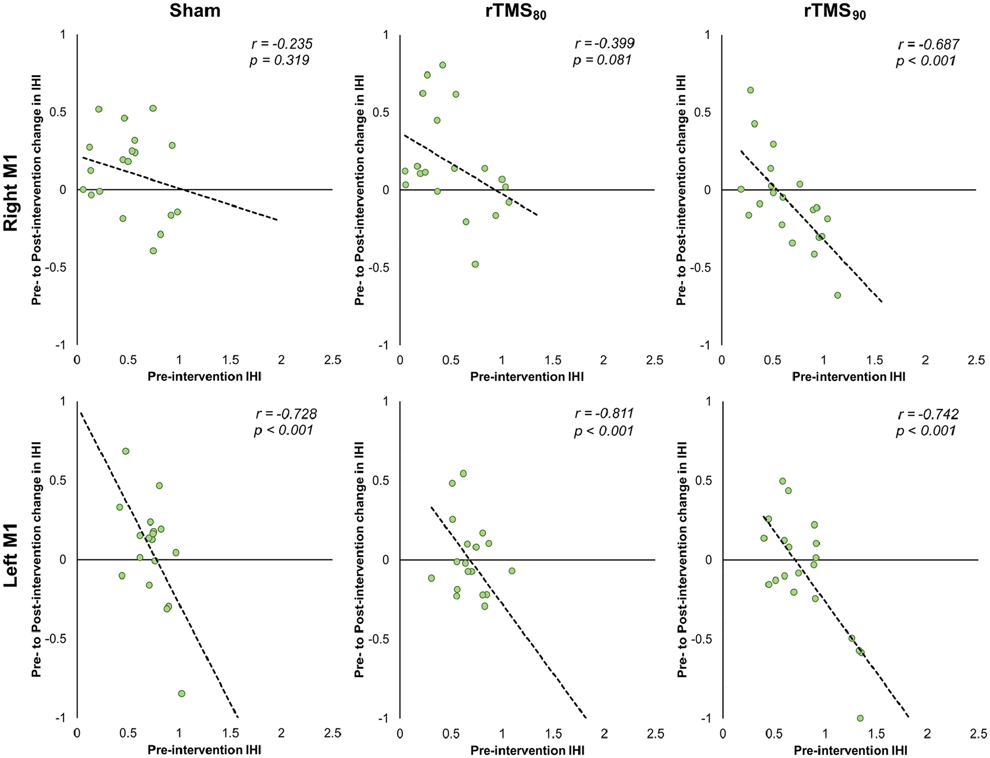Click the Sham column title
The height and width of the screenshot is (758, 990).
[x=195, y=11]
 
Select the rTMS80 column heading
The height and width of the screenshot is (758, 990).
[x=516, y=12]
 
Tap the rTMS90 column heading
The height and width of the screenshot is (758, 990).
[x=835, y=12]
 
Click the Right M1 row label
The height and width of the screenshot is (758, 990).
[x=11, y=193]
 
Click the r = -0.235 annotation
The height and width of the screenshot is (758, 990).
[x=282, y=44]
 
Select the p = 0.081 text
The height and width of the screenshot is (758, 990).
[x=602, y=60]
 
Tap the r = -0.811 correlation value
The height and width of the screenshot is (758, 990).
[x=605, y=413]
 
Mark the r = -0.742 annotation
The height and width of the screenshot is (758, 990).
[x=928, y=414]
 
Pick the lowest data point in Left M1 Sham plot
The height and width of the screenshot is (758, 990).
[x=181, y=694]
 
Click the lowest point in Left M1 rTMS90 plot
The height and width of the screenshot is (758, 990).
[x=860, y=718]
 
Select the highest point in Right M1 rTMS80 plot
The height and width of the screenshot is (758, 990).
[x=443, y=65]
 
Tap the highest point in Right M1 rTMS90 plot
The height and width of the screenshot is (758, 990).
[x=751, y=90]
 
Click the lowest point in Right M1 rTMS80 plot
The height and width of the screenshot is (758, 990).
[x=475, y=264]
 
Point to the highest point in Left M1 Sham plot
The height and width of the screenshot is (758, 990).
[x=126, y=451]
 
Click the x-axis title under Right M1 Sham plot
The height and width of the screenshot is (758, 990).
[x=204, y=377]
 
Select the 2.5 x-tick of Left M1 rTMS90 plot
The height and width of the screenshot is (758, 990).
[x=978, y=734]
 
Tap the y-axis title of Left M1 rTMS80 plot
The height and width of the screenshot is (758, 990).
[x=359, y=559]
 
